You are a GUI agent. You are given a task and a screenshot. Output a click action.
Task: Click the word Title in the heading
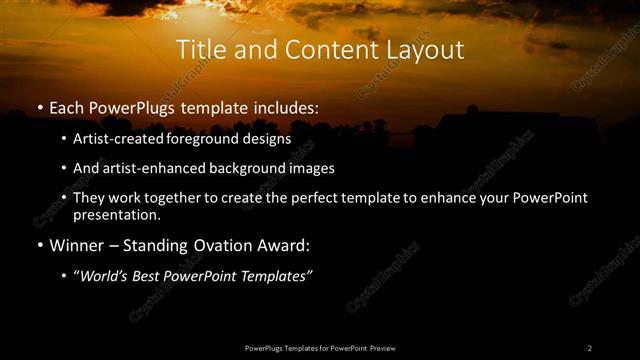(x=199, y=50)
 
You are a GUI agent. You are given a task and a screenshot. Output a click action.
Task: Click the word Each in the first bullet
(x=67, y=105)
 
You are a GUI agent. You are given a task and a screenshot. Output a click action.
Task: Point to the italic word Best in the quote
(x=153, y=276)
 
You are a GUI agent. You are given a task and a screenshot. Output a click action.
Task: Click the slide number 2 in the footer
(x=590, y=348)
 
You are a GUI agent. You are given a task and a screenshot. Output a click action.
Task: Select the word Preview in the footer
(x=383, y=348)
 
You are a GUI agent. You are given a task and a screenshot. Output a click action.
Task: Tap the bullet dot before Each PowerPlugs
(x=39, y=106)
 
